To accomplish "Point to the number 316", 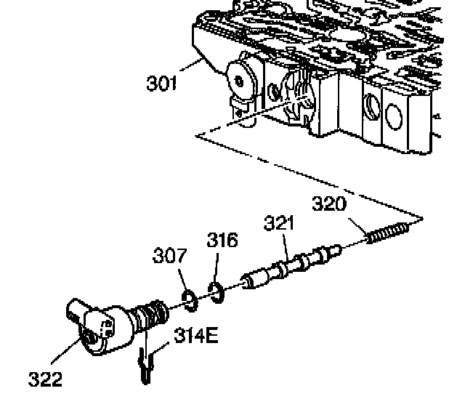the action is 222,240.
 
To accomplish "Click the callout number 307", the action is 169,256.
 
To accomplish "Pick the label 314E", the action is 195,337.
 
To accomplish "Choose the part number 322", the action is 45,378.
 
